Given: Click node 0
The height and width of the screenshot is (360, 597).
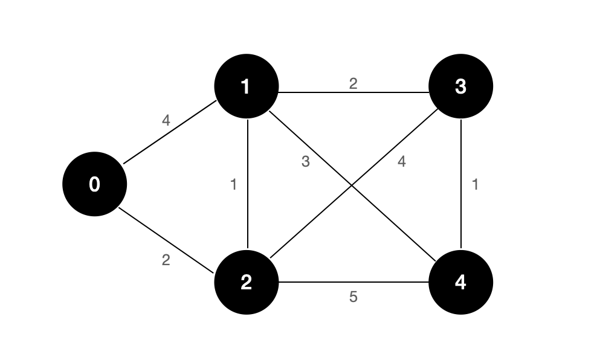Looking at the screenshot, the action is tap(94, 184).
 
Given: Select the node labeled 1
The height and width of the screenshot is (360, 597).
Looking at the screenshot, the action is tap(247, 86).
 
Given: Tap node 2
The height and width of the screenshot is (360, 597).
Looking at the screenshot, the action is tap(247, 282).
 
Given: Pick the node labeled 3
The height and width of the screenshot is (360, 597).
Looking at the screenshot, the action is tap(460, 86).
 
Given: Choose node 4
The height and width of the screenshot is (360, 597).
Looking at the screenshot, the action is tap(460, 282).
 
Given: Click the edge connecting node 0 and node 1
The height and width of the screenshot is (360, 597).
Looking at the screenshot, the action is tap(170, 132).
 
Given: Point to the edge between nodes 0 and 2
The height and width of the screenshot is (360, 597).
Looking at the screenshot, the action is tap(166, 240).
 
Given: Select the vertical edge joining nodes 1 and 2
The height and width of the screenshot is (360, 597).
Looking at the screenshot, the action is tap(248, 184).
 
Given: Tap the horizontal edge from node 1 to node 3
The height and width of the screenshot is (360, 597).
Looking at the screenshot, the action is tap(353, 92).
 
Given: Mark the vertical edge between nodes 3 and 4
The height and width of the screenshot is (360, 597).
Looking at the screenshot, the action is tap(461, 184).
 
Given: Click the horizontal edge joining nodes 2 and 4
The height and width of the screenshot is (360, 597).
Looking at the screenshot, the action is tap(353, 282).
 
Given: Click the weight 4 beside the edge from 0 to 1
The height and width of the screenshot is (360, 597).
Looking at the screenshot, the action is tap(166, 120).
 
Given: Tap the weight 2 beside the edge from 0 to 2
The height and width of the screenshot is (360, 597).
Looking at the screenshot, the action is tap(166, 260).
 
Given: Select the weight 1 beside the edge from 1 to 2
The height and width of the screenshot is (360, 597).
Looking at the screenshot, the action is tap(234, 185).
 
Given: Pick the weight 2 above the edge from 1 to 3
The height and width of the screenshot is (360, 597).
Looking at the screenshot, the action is tap(353, 84).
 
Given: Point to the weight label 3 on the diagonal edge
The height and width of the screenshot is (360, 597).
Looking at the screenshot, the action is tap(305, 162).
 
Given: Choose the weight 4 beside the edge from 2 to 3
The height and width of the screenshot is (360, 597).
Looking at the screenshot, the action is tap(401, 162).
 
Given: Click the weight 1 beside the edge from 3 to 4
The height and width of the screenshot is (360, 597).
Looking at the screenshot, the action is tap(475, 185).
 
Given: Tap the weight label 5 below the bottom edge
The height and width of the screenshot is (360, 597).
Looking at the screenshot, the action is tap(353, 297).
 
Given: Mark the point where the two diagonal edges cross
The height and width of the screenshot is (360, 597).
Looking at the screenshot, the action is tap(352, 186).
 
